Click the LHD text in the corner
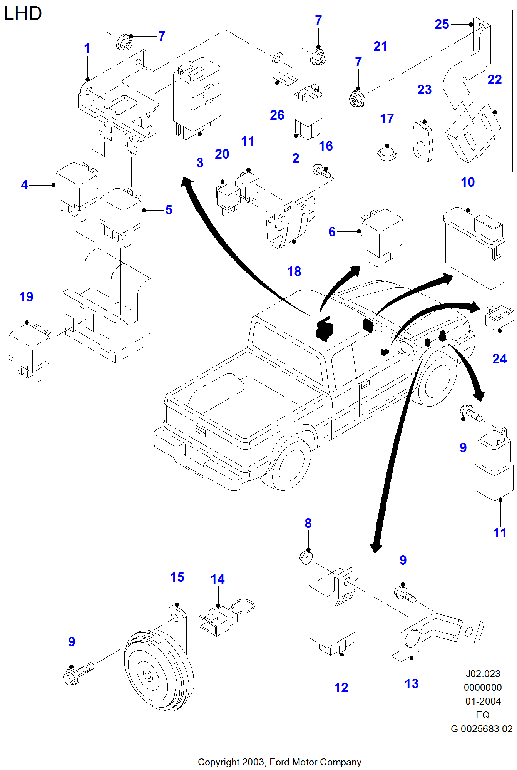(22, 14)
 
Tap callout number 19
(26, 297)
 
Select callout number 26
(277, 115)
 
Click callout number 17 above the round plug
(387, 119)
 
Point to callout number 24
(499, 359)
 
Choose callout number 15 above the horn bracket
(177, 577)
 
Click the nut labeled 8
(306, 557)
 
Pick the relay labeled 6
(381, 237)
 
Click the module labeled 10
(473, 248)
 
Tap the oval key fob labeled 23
(423, 141)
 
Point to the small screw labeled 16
(322, 171)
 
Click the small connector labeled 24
(499, 316)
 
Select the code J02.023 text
(483, 674)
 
